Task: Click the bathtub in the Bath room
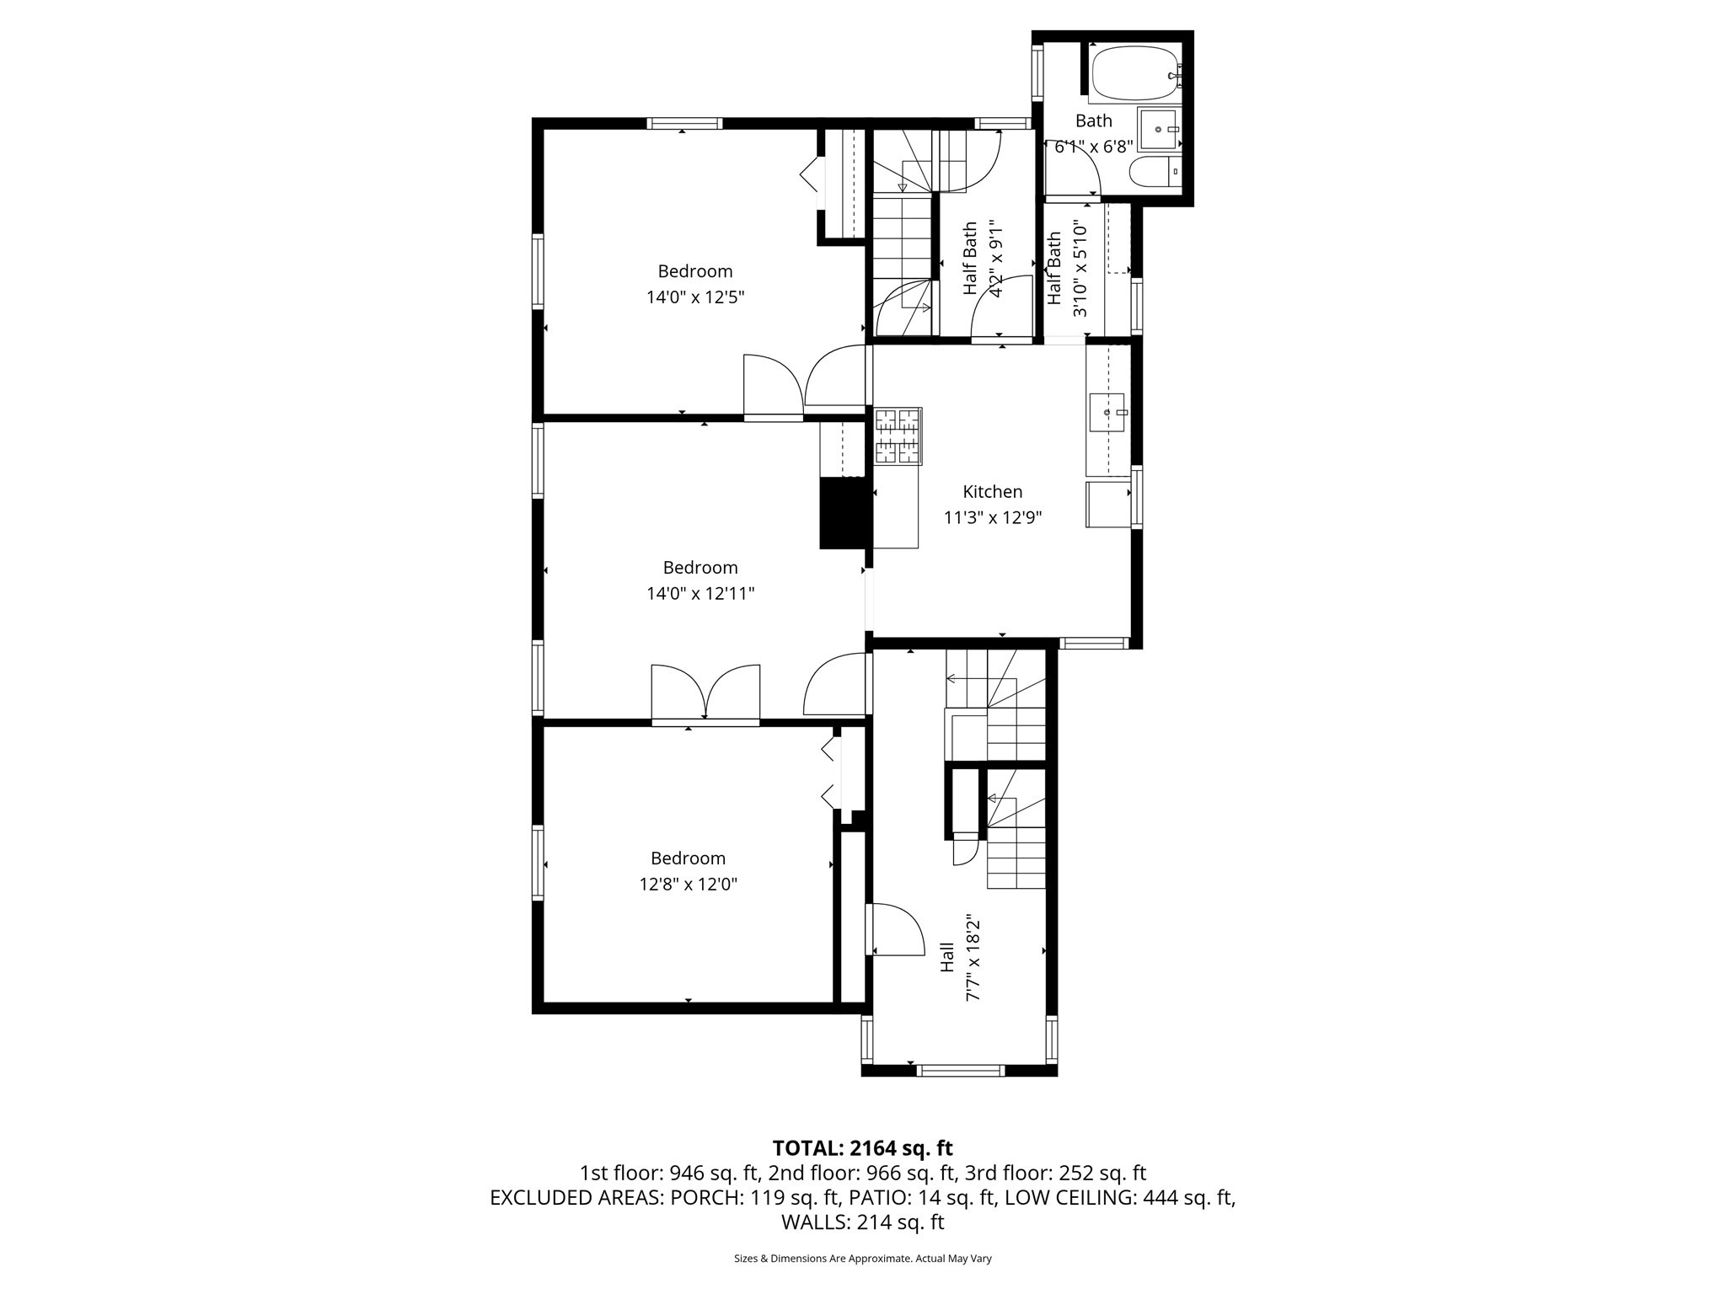1134,72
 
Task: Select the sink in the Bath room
1158,129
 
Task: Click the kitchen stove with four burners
898,436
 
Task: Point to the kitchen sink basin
1107,412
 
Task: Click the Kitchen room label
993,492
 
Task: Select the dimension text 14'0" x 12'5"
695,297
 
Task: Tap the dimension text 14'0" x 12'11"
700,594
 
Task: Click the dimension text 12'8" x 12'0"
688,885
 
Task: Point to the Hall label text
947,957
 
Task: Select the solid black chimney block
843,514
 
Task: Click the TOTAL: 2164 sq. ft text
862,1148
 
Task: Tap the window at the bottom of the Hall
960,1070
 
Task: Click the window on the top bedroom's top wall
684,123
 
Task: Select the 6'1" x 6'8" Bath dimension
1093,147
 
